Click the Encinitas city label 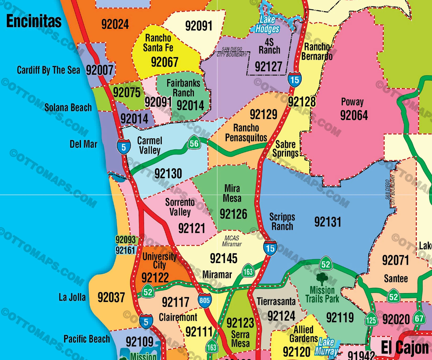(34, 21)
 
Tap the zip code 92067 (164, 62)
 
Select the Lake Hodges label (267, 24)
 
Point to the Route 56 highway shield (194, 143)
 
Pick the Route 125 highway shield (371, 320)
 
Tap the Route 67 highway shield (419, 319)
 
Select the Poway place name (352, 102)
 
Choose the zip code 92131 (327, 221)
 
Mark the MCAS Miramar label (232, 241)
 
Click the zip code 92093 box (125, 239)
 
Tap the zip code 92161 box (125, 250)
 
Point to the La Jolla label (72, 297)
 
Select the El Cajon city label (404, 348)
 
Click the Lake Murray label (326, 347)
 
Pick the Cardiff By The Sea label (48, 70)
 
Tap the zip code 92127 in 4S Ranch (268, 66)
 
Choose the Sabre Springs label (286, 149)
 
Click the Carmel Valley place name (149, 145)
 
